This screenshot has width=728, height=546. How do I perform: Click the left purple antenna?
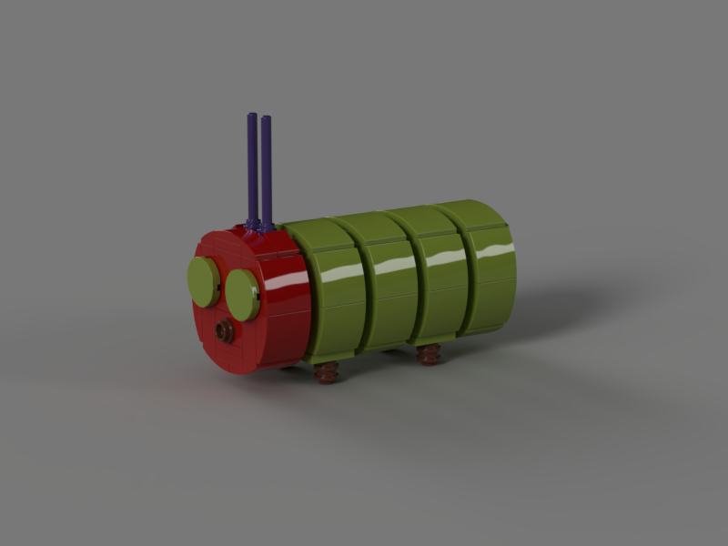[252, 168]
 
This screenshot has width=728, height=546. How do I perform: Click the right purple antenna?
[267, 173]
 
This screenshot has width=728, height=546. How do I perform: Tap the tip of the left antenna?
[251, 116]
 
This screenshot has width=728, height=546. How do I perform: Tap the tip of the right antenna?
[266, 118]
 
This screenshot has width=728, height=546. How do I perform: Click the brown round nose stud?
[225, 332]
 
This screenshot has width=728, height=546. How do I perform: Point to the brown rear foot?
[429, 354]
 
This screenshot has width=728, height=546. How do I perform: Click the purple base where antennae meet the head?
[259, 224]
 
